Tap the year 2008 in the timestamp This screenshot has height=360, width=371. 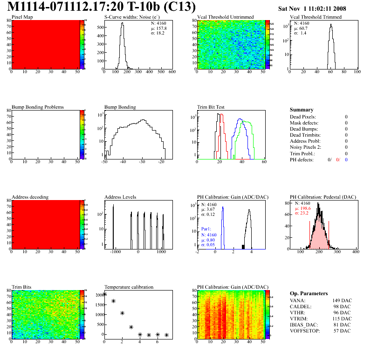pyautogui.click(x=352, y=8)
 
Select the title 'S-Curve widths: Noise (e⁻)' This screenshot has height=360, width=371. pyautogui.click(x=132, y=17)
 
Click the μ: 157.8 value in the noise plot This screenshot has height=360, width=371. pyautogui.click(x=158, y=28)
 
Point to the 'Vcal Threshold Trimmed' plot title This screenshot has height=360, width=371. pyautogui.click(x=316, y=17)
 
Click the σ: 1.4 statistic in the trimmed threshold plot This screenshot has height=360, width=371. pyautogui.click(x=300, y=33)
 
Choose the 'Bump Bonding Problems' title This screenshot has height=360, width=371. pyautogui.click(x=37, y=107)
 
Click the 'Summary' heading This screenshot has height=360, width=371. pyautogui.click(x=301, y=110)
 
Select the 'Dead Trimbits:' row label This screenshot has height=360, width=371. pyautogui.click(x=305, y=135)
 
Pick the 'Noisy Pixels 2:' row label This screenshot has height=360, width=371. pyautogui.click(x=306, y=147)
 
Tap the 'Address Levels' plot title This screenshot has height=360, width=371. pyautogui.click(x=120, y=197)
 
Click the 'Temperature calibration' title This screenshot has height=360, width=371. pyautogui.click(x=129, y=287)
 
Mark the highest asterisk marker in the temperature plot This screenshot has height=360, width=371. pyautogui.click(x=104, y=294)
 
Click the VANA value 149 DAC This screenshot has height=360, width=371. pyautogui.click(x=341, y=300)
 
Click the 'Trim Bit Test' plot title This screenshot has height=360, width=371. pyautogui.click(x=211, y=107)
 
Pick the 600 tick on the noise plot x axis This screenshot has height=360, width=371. pyautogui.click(x=172, y=72)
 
